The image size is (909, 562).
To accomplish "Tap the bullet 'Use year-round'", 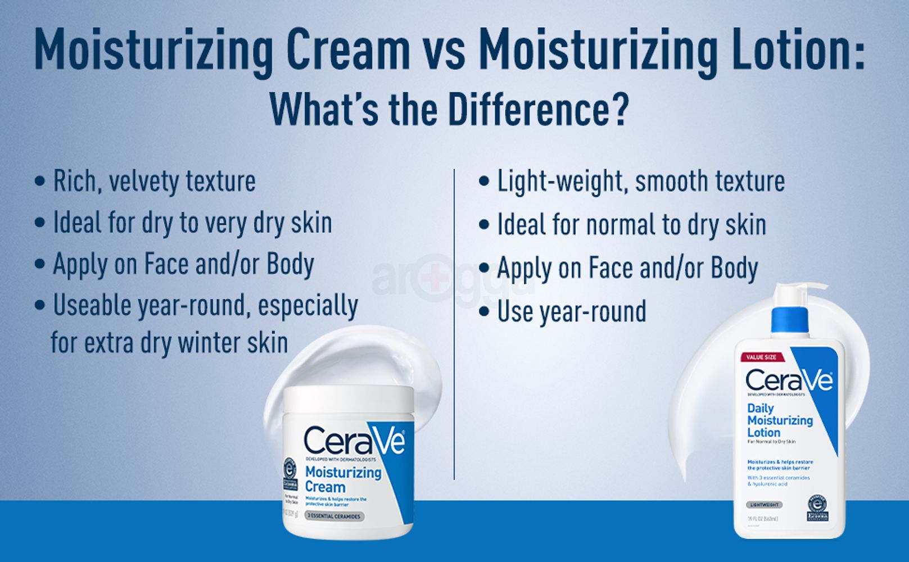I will coord(571,312).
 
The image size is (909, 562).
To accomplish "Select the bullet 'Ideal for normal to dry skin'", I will coord(631,225).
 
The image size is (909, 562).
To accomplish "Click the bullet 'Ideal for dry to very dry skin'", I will coord(192,223).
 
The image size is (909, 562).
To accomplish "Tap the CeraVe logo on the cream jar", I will coord(354,441).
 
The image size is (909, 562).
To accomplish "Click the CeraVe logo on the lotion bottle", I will coord(789,380).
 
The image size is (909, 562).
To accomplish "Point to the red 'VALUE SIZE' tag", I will coord(762,357).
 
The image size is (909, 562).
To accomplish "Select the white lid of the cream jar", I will coord(349,399).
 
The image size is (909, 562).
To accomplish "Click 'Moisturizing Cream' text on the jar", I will coord(342,479).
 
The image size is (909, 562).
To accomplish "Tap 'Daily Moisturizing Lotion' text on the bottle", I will coord(779,420).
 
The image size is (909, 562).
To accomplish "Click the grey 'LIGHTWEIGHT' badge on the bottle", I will coord(763,505).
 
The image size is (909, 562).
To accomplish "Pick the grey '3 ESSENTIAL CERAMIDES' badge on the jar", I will coord(334,516).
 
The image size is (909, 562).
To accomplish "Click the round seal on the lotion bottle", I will coord(817,507).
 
